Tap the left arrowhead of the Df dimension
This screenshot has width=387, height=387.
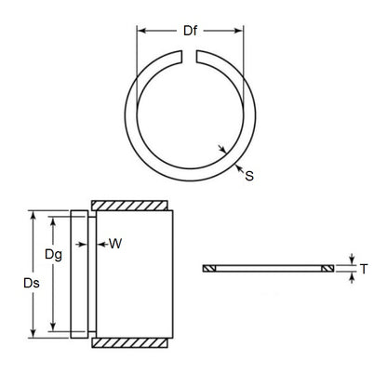click(142, 32)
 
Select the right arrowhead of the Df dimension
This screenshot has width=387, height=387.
click(250, 32)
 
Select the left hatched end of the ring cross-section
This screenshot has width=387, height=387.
click(209, 268)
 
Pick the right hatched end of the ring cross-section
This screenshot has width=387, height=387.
click(327, 268)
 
